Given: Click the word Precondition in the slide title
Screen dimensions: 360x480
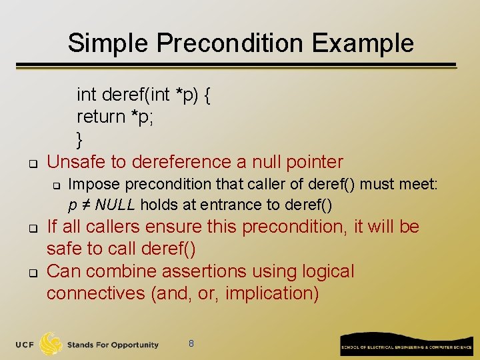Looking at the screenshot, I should [x=231, y=43].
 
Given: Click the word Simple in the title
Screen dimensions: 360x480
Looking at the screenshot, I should [x=109, y=43].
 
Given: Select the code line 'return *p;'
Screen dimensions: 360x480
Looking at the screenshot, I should [x=110, y=117].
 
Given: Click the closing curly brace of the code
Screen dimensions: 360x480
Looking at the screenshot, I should [x=80, y=139].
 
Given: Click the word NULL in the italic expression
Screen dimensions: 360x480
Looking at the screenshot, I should [x=119, y=204].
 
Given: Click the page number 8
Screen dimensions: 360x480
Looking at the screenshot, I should [x=191, y=343].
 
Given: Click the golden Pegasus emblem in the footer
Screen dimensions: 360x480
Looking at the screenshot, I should [x=51, y=344].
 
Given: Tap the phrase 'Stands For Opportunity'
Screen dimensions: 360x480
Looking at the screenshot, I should [x=113, y=345].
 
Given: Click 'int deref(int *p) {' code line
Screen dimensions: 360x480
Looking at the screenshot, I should [x=144, y=95].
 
